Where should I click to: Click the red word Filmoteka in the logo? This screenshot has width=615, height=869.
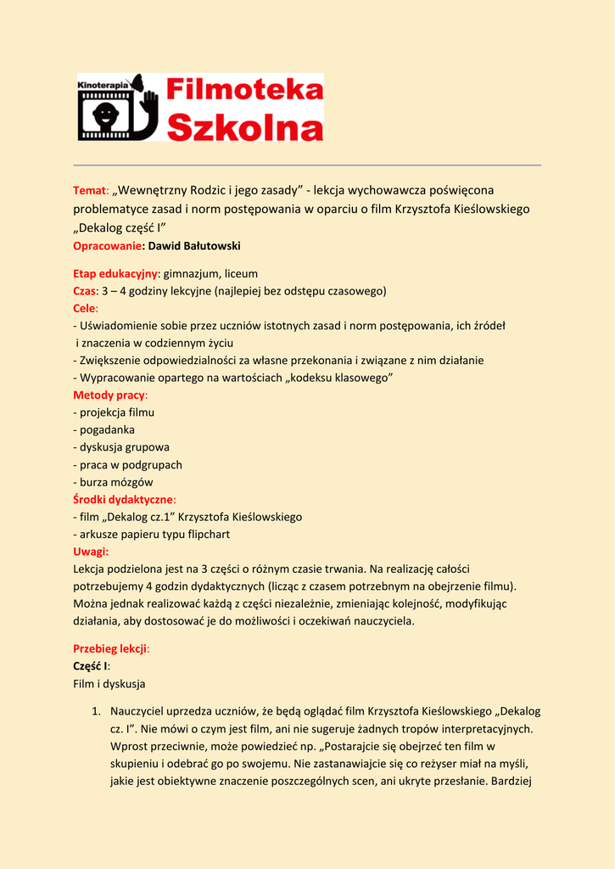(245, 91)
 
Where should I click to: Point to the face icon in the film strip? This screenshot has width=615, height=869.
(105, 115)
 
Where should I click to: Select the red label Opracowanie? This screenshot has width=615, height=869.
(108, 246)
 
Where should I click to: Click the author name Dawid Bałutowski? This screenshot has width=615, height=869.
(194, 246)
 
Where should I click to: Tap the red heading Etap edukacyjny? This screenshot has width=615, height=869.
(115, 273)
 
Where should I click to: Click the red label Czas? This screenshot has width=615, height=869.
(86, 291)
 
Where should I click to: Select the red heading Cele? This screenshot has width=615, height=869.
(85, 308)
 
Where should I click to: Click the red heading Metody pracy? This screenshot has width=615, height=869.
(109, 395)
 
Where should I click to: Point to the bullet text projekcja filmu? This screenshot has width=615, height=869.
(117, 412)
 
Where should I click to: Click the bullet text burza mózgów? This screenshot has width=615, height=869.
(116, 482)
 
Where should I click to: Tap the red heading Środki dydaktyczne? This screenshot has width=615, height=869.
(123, 499)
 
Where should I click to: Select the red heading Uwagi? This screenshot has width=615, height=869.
(91, 552)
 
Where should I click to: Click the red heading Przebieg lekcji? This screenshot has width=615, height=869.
(110, 648)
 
